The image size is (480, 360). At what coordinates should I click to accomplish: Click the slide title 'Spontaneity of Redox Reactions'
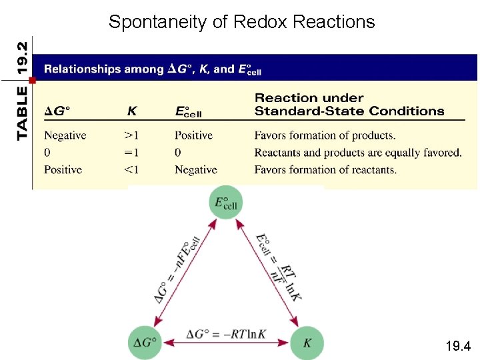coord(241,22)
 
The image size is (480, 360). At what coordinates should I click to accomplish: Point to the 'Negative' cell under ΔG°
coord(65,135)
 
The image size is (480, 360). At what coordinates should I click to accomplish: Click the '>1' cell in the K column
coord(131,135)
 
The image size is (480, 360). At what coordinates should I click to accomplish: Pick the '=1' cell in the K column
coord(131,153)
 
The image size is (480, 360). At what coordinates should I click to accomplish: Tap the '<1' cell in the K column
coord(131,170)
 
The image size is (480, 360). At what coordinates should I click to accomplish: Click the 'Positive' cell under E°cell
coord(193,135)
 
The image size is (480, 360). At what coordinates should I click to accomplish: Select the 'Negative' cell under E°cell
coord(195,170)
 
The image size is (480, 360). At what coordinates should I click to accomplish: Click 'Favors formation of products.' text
coord(325,135)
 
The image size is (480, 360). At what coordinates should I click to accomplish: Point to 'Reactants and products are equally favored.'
coord(358,153)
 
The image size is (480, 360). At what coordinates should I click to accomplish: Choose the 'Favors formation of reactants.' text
coord(325,170)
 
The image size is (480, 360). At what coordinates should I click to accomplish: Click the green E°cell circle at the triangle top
coord(226,202)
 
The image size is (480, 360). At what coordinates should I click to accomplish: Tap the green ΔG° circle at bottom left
coord(145,343)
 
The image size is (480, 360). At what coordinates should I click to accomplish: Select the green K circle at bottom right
coord(307,343)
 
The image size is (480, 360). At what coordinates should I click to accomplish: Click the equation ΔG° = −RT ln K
coord(225,333)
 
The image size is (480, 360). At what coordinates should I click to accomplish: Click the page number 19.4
coord(458,346)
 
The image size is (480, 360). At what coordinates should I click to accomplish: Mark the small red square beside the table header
coord(31,79)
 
